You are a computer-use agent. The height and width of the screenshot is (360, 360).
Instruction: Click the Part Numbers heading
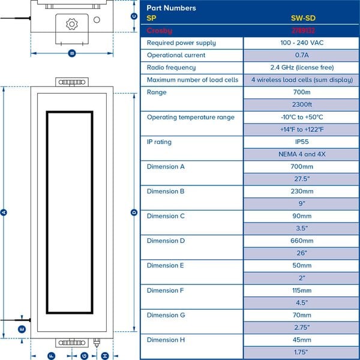(171, 8)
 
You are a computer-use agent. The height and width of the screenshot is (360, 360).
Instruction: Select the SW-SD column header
(302, 18)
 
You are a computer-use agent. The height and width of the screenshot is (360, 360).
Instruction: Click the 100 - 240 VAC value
(302, 43)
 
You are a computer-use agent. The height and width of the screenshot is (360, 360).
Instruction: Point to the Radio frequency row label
(171, 68)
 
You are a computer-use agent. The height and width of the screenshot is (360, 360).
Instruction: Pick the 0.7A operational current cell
(302, 55)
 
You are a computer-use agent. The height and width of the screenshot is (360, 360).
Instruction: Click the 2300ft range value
(302, 104)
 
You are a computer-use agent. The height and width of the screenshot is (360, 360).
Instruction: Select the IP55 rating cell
(302, 142)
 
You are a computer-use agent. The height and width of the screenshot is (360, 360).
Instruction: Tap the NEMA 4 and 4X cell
(302, 154)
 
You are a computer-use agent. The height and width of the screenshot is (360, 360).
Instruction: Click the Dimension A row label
(166, 167)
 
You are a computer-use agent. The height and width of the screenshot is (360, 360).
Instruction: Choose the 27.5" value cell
(302, 179)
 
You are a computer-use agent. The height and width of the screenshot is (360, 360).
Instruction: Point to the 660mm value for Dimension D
(302, 241)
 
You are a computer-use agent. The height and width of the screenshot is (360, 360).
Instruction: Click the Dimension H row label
(166, 340)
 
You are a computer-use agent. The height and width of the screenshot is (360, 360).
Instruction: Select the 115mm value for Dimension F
(302, 290)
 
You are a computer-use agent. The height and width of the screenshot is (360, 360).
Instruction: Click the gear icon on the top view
(72, 24)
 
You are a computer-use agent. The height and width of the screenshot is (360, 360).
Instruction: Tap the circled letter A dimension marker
(5, 212)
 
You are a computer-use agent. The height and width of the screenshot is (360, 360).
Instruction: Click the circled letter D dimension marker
(134, 212)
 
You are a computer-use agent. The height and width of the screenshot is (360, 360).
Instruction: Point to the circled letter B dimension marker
(72, 53)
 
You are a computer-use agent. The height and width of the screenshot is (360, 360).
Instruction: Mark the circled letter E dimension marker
(22, 329)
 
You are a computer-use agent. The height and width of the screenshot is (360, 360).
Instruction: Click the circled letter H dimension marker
(105, 356)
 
